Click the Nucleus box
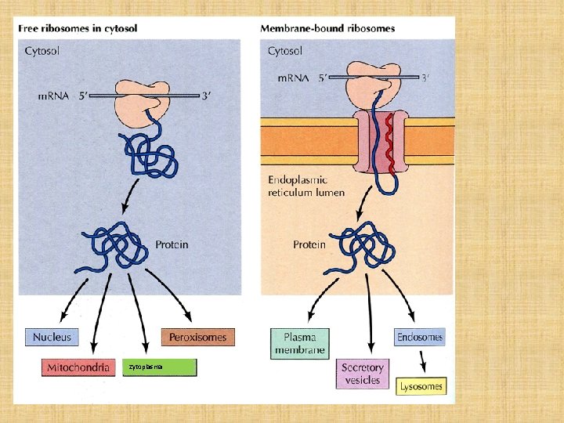pos(52,338)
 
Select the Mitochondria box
pos(78,367)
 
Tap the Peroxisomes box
pos(197,338)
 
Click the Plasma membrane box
pos(299,343)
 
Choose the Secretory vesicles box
pos(363,374)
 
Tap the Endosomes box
pos(419,338)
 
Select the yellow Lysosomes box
pos(421,385)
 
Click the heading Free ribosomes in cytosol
pos(78,28)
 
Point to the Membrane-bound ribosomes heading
pos(327,28)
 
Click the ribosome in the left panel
pos(143,98)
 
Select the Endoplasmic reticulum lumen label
pos(306,186)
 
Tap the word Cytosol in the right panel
pos(285,52)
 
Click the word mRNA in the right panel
pos(294,78)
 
